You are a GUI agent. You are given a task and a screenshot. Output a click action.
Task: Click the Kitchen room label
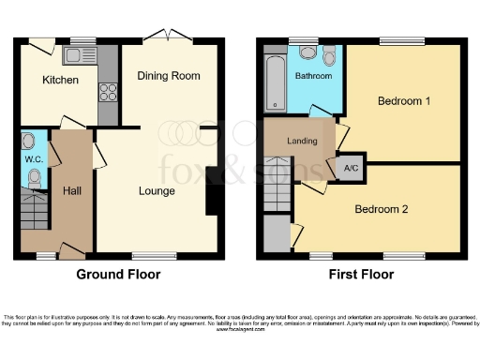click(x=60, y=81)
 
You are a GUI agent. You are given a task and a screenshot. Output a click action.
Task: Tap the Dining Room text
click(x=169, y=76)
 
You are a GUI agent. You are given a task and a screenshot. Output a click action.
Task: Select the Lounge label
click(x=157, y=191)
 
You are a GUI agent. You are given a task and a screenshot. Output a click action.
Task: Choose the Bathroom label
click(x=314, y=76)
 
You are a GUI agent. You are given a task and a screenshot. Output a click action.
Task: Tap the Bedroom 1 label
click(x=404, y=100)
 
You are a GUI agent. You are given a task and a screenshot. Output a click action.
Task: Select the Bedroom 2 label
click(x=381, y=209)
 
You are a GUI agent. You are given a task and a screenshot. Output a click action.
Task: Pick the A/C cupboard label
click(x=352, y=169)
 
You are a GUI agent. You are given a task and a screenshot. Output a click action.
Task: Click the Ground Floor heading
click(x=118, y=275)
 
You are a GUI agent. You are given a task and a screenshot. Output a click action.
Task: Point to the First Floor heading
click(x=360, y=275)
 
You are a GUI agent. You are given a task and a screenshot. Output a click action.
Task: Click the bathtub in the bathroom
click(x=274, y=83)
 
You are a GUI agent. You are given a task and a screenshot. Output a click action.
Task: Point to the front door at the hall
click(x=70, y=250)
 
